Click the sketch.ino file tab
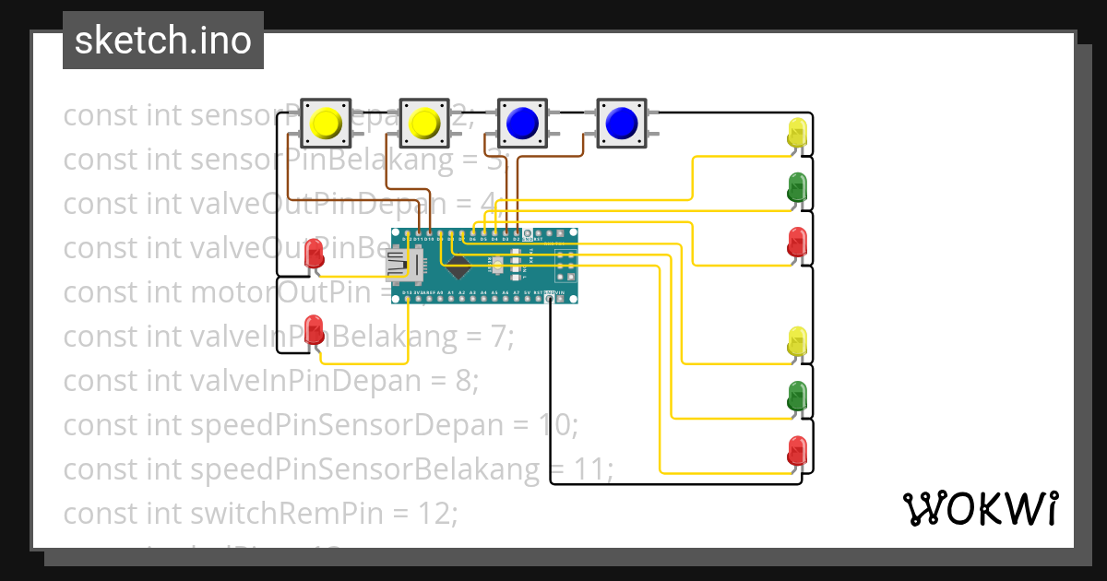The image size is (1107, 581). click(x=163, y=41)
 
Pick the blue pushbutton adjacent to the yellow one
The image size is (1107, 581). click(x=522, y=123)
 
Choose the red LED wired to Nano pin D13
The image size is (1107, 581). click(x=315, y=329)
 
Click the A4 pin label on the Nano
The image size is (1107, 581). click(x=483, y=293)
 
